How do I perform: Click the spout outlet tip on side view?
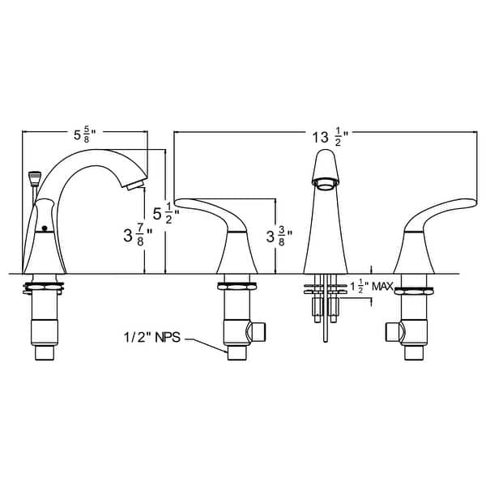click(x=132, y=186)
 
